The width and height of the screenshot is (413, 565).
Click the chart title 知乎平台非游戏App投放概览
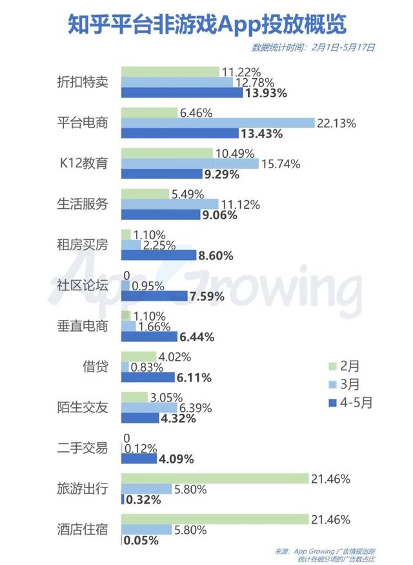point(206,24)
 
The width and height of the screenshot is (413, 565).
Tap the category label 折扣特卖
point(82,82)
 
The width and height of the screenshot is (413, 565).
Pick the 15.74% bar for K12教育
point(190,164)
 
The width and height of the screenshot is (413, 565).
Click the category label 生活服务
point(82,204)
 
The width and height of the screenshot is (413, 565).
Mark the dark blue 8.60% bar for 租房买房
point(158,255)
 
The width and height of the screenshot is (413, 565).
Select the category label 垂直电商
point(82,326)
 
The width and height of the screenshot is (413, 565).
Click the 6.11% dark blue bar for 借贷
point(148,378)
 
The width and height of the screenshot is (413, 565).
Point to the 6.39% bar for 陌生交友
point(149,408)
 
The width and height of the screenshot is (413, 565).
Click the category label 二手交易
point(82,447)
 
